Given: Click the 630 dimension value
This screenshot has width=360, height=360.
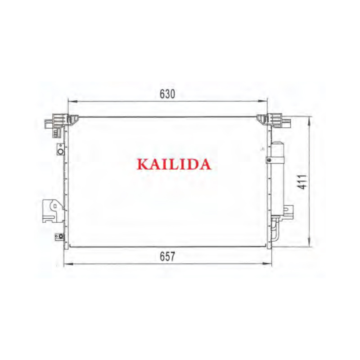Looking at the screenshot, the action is coord(167,94).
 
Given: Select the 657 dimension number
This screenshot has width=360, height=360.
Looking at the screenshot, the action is coord(167,256).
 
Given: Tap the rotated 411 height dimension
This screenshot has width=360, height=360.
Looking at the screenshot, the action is coord(302,182).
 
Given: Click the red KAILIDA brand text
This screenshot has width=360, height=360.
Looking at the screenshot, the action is coord(174,164).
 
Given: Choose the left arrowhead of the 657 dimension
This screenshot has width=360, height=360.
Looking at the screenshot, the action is coord(68,264).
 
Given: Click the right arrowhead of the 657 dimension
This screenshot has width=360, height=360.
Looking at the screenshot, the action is coord(267,264).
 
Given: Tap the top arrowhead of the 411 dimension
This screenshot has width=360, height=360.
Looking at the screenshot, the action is coord(310,121).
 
